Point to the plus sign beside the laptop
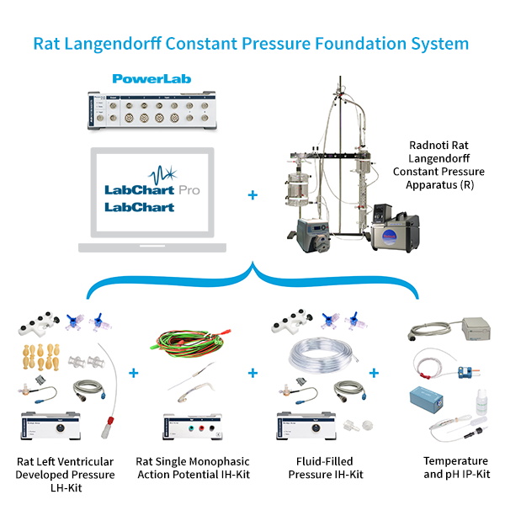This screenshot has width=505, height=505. coord(252,195)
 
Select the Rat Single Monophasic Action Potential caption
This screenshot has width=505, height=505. coord(192,468)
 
